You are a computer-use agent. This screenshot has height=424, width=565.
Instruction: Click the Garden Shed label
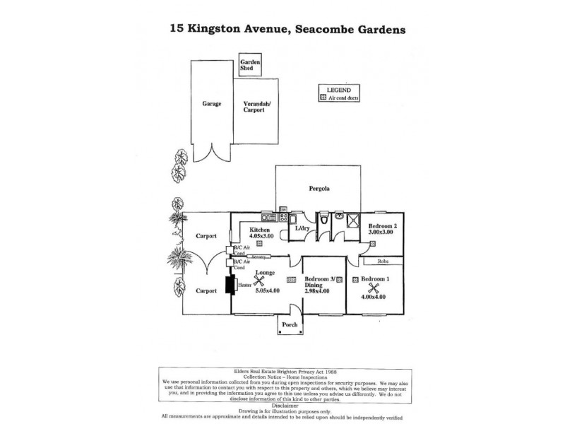[250, 66]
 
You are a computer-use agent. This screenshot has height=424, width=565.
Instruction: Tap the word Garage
[212, 104]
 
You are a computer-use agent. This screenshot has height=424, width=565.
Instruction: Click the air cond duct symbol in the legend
[323, 98]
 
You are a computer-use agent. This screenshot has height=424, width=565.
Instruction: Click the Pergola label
[319, 189]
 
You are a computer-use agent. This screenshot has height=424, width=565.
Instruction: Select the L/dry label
[302, 229]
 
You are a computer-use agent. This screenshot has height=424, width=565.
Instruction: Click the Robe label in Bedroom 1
[383, 261]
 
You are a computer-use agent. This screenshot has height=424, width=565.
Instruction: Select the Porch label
[290, 326]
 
